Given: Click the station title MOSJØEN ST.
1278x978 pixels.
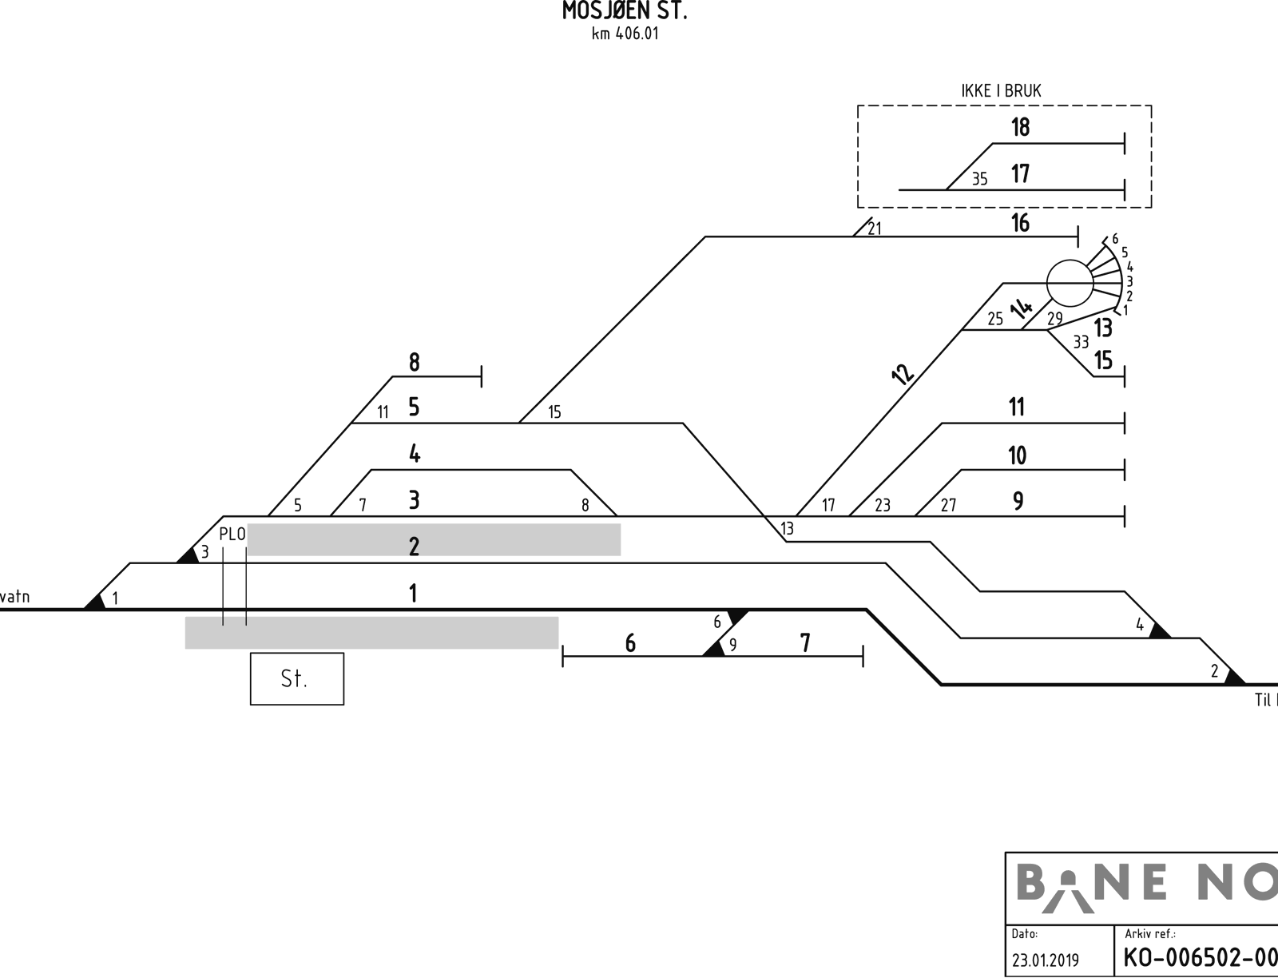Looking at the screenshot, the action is click(625, 11).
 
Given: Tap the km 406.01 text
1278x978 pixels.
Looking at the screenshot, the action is click(625, 34).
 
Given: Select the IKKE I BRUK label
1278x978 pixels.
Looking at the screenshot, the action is click(1001, 91).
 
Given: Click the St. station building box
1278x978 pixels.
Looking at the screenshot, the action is click(297, 678).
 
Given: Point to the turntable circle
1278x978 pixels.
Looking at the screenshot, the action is click(1070, 283).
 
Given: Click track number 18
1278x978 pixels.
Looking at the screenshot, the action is click(1020, 127).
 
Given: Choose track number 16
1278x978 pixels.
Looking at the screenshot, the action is click(1020, 223).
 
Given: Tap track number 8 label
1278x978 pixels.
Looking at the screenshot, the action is click(414, 362).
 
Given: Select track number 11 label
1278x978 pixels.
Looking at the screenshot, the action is click(1017, 407).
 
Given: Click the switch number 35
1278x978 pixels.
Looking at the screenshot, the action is click(979, 179).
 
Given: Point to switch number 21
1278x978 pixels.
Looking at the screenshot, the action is click(875, 229).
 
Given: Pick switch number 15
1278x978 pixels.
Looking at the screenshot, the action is click(554, 412).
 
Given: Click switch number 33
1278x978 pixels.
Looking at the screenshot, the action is click(1081, 342).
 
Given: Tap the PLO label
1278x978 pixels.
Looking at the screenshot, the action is click(232, 534).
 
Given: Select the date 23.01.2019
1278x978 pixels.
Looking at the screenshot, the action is click(1045, 960).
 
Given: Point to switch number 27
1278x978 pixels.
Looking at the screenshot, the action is click(948, 505).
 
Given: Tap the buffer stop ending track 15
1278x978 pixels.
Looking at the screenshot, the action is click(1125, 377).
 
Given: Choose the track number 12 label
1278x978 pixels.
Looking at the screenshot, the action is click(903, 375).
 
